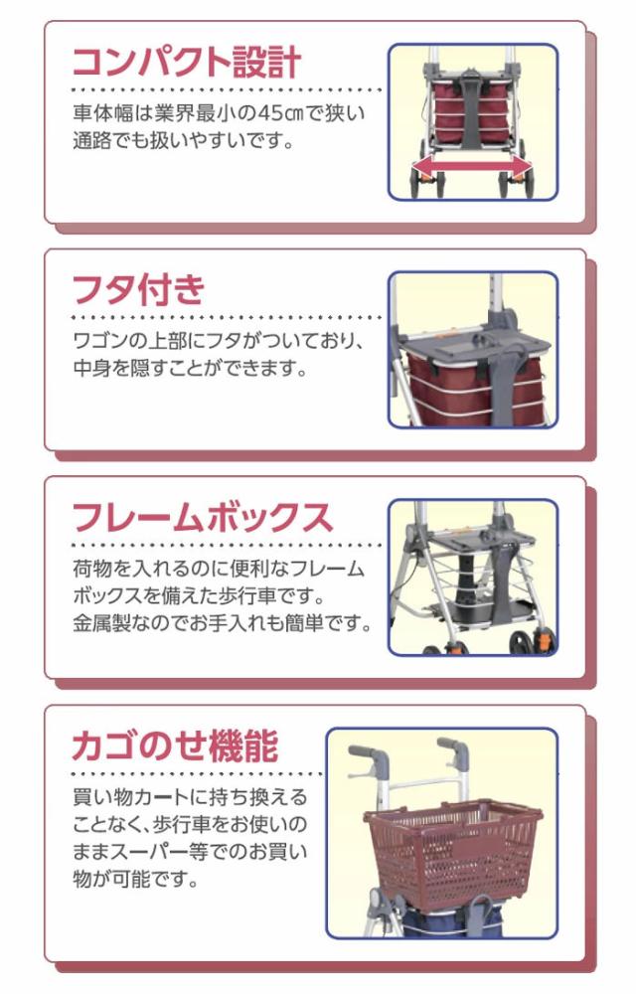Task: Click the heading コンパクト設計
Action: coord(186,62)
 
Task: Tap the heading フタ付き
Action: coord(138,289)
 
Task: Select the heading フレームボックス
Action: coord(202,518)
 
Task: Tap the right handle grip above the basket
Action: coord(453,747)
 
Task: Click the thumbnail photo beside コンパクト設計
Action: coord(471,121)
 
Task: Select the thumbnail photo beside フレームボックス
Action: coord(471,577)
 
